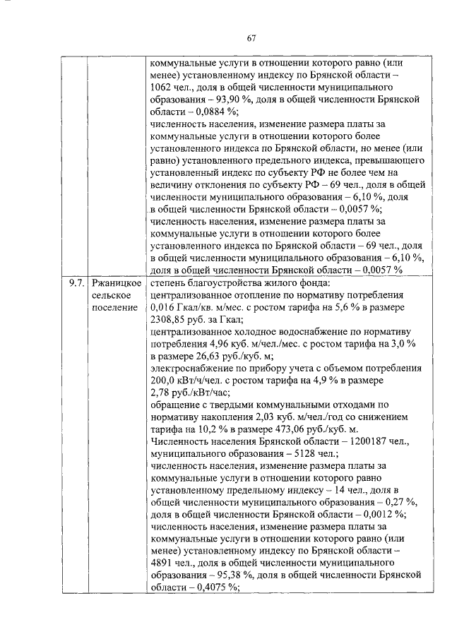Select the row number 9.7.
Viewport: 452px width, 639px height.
(x=77, y=283)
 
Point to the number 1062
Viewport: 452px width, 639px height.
(x=163, y=87)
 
